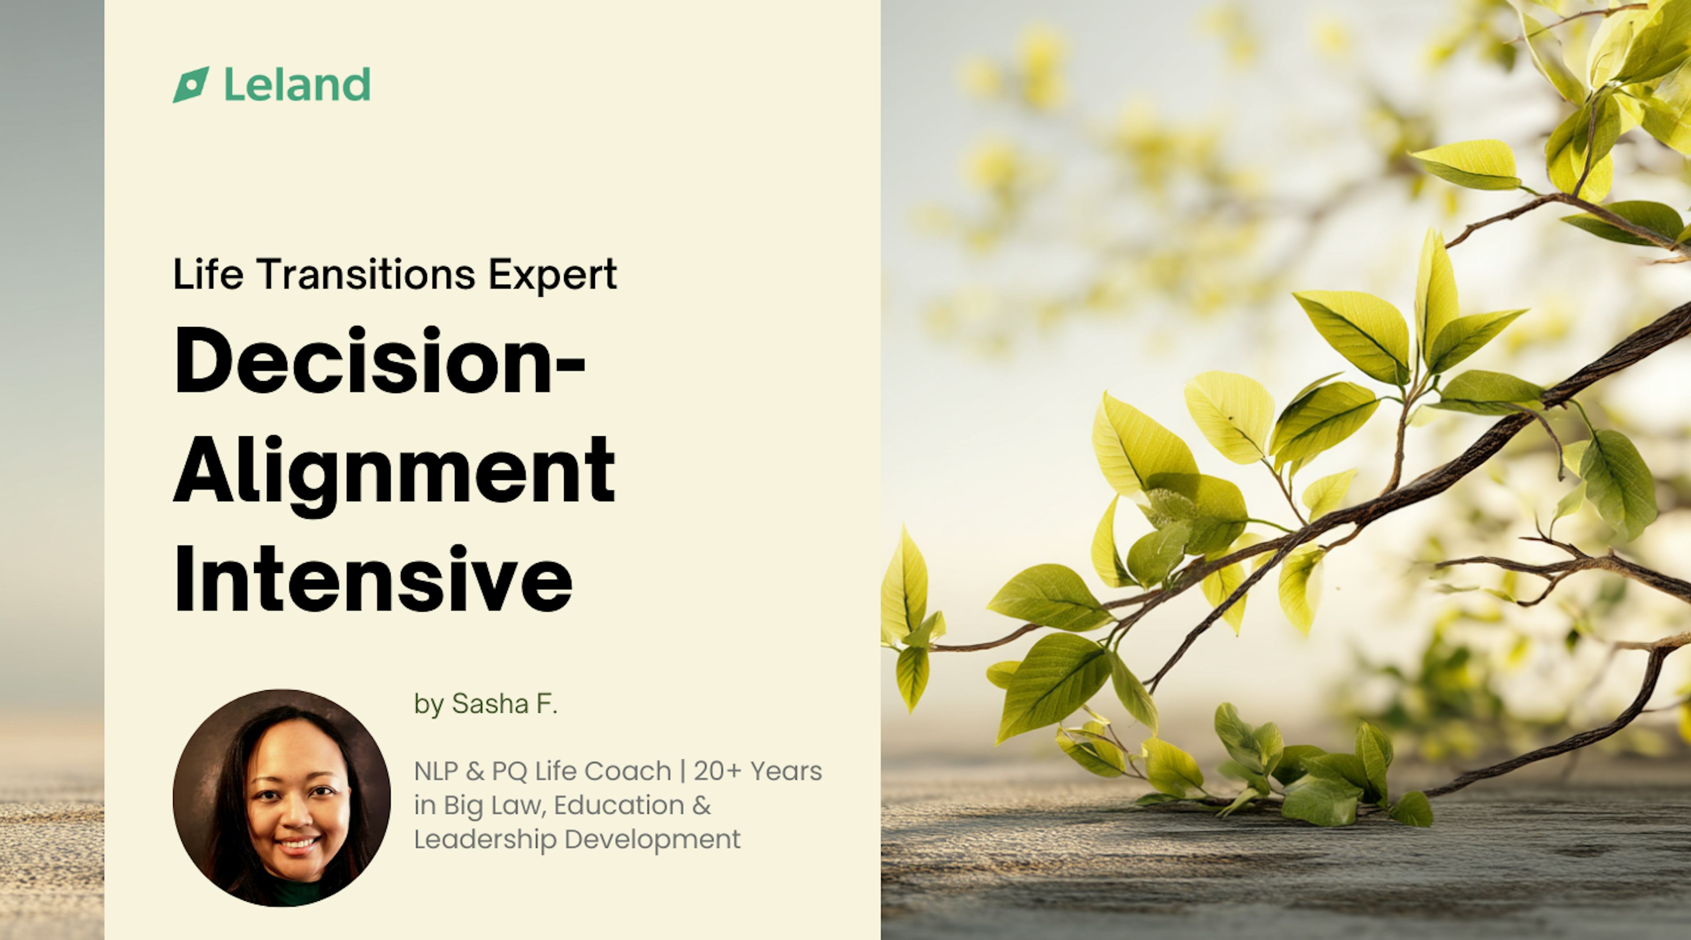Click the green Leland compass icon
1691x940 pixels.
(x=190, y=85)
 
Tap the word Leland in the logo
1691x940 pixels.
(x=297, y=85)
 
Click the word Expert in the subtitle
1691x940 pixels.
(x=552, y=274)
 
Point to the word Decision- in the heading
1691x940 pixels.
(x=379, y=361)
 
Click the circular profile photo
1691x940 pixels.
(x=282, y=798)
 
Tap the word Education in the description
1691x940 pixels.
(x=618, y=805)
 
